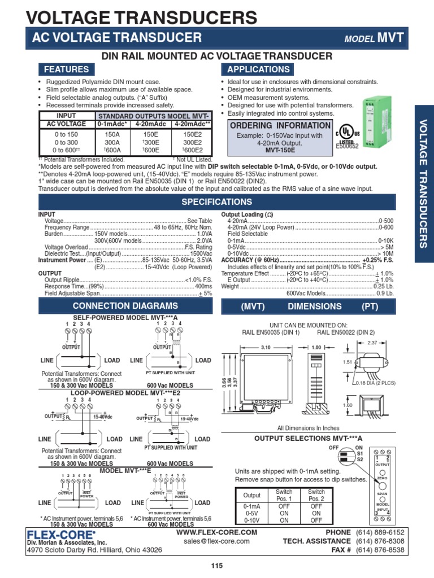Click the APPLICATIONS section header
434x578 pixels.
coord(258,69)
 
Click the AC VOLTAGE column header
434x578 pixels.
coord(66,124)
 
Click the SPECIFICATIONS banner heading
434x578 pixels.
coord(216,202)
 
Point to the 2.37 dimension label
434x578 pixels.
coord(372,342)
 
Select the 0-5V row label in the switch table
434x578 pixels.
coord(252,514)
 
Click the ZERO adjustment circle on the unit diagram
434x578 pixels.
coord(382,472)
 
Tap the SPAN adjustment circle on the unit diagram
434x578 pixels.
coord(382,485)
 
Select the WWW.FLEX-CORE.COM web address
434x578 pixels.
coord(216,532)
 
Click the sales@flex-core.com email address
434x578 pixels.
coord(216,541)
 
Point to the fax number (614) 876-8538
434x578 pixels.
coord(380,549)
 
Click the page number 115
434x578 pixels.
coord(217,566)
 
